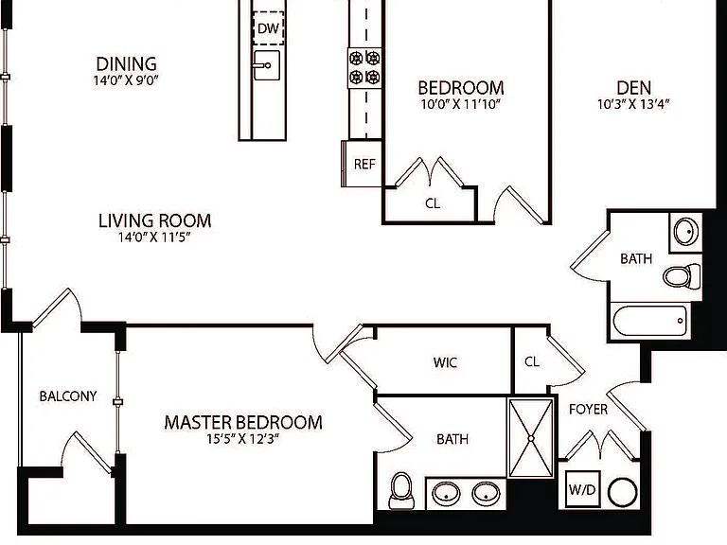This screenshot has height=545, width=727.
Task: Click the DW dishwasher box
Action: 269,27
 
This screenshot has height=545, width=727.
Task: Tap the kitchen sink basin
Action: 267,65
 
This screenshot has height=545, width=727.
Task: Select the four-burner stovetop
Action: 364,68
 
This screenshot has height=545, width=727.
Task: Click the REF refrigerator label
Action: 364,164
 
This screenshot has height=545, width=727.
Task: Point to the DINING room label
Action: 126,63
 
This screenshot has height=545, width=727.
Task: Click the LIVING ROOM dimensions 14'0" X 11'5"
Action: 154,237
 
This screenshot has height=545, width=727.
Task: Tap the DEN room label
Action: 634,88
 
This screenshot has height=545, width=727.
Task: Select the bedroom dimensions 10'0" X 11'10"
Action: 461,104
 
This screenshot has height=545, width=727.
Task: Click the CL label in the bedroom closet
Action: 433,203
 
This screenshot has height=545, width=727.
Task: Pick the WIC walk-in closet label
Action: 445,362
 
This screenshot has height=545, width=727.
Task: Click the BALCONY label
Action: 68,396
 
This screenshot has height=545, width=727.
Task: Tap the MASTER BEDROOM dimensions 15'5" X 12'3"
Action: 243,438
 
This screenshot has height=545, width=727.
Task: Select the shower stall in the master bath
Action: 531,438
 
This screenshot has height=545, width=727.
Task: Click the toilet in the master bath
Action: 401,491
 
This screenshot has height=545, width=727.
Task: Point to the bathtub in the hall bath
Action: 650,320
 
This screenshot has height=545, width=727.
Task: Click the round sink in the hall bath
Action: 686,231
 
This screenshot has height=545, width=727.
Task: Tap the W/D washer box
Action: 582,489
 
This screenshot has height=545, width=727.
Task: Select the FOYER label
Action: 589,409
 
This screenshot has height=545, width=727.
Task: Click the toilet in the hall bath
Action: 682,275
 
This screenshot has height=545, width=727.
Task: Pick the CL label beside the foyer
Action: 532,361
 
